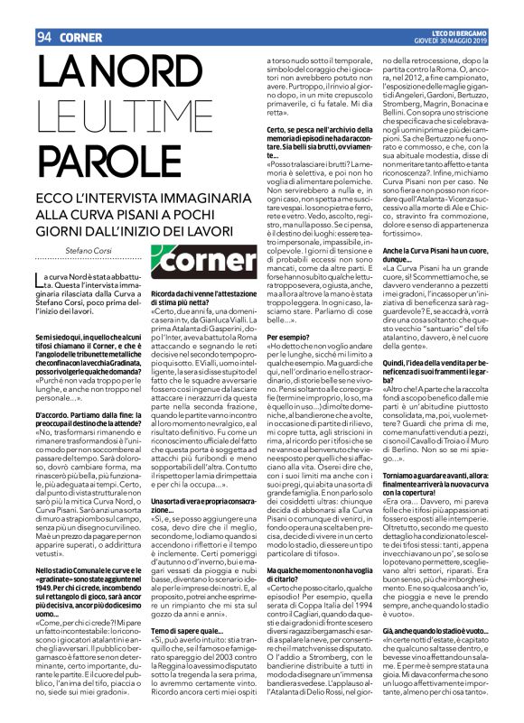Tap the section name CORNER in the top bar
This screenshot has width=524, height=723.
pos(81,13)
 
